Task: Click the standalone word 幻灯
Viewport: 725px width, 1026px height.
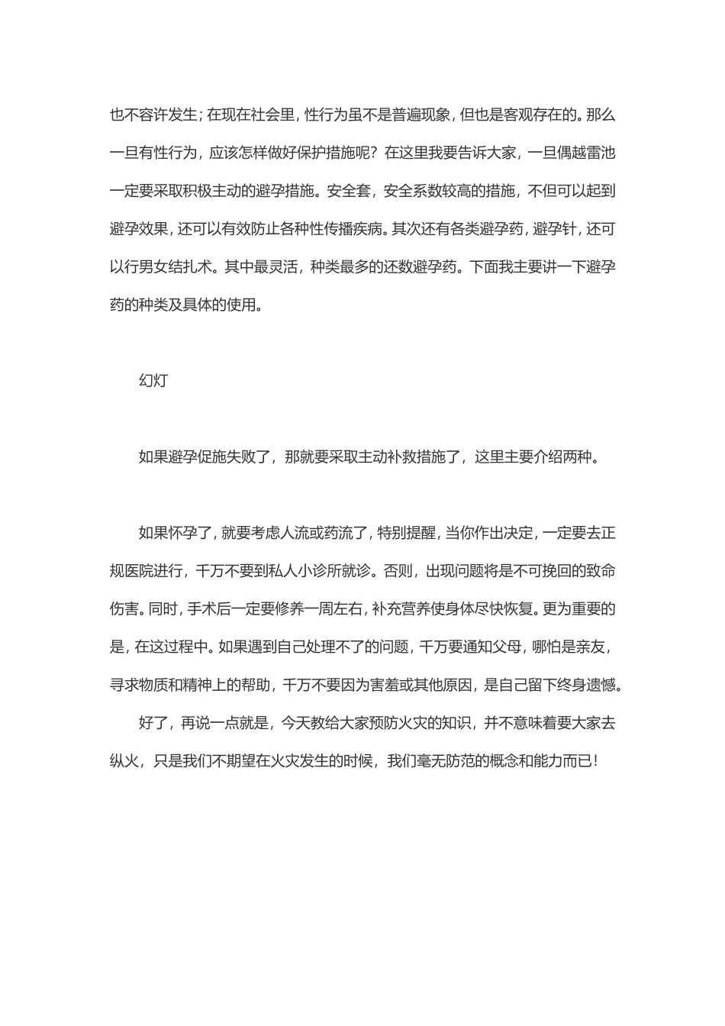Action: pos(153,381)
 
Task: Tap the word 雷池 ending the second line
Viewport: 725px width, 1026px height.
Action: pos(598,153)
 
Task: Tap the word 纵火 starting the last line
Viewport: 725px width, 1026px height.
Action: pos(125,761)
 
